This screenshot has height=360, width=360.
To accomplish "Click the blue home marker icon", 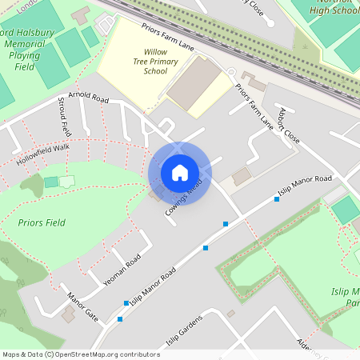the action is pyautogui.click(x=180, y=172).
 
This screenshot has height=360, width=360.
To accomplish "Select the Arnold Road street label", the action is pyautogui.click(x=89, y=98).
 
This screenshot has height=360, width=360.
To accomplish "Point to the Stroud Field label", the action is pyautogui.click(x=64, y=116).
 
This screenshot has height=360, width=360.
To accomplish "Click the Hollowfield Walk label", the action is pyautogui.click(x=42, y=154).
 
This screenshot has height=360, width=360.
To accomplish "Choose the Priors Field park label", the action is pyautogui.click(x=41, y=222).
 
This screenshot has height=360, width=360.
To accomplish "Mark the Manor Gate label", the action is pyautogui.click(x=83, y=306).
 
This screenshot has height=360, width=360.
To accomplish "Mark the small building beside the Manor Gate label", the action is pyautogui.click(x=69, y=315).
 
